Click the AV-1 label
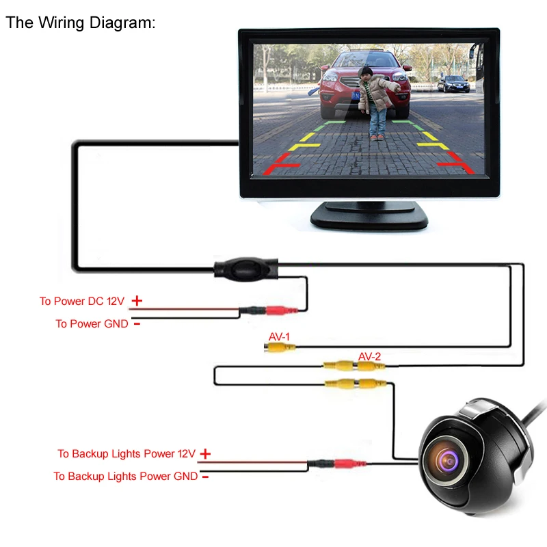coord(279,336)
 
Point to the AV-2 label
coord(370,356)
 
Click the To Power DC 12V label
coord(81,301)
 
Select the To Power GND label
coord(92,323)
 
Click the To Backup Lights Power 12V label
coord(126,453)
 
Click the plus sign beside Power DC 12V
coord(137,300)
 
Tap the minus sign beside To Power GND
coord(137,323)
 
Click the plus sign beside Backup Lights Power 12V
coord(205,453)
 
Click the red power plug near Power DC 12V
coord(280,311)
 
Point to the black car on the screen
coord(453,83)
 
